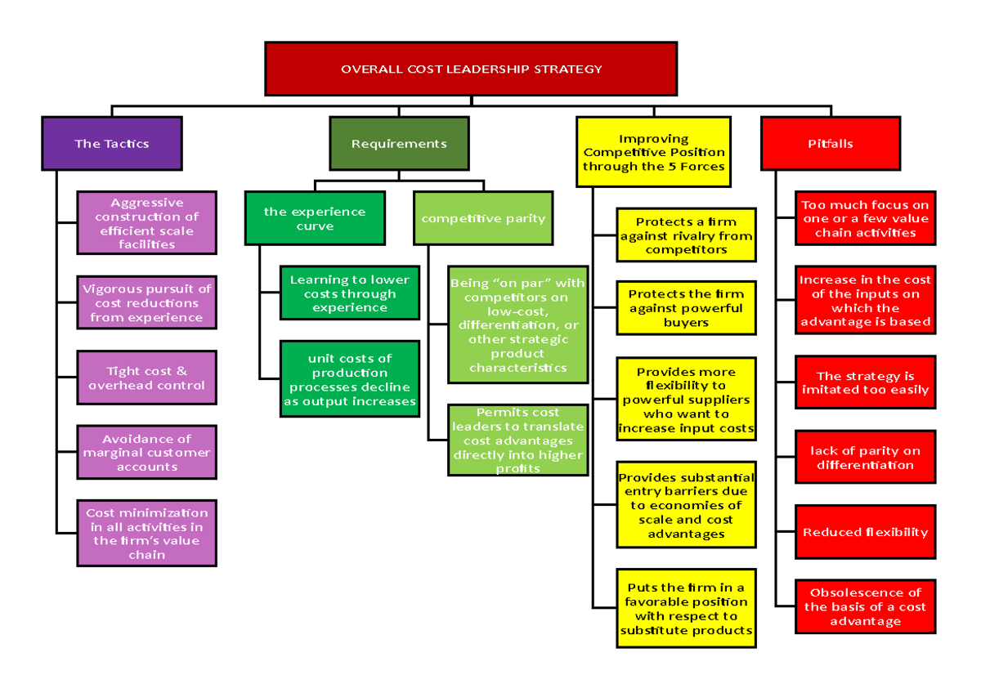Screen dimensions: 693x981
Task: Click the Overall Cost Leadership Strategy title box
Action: tap(471, 69)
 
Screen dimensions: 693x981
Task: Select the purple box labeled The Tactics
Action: tap(112, 144)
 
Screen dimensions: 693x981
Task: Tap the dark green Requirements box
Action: tap(399, 144)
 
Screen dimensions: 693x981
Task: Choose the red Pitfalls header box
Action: tap(831, 144)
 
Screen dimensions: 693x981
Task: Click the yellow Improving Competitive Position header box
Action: tap(654, 153)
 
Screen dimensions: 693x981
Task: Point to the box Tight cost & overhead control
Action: tap(147, 378)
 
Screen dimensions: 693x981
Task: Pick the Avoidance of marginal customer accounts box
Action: tap(147, 452)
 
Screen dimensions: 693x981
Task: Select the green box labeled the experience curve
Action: tap(315, 218)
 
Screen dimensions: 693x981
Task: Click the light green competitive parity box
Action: tap(483, 218)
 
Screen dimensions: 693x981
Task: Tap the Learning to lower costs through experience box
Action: tap(350, 293)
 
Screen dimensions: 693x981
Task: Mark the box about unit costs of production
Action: tap(350, 380)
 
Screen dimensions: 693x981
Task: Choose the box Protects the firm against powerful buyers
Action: tap(686, 308)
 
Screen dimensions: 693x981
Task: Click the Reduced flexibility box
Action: tap(865, 532)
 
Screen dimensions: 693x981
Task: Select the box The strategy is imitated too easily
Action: tap(865, 382)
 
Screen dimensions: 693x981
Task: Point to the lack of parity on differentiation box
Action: tap(865, 458)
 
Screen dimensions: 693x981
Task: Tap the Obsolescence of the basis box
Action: tap(865, 606)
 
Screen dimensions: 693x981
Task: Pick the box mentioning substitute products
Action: tap(686, 609)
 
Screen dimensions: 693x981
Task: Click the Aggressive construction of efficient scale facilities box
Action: tap(147, 223)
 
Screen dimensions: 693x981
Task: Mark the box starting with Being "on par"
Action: tap(517, 324)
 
